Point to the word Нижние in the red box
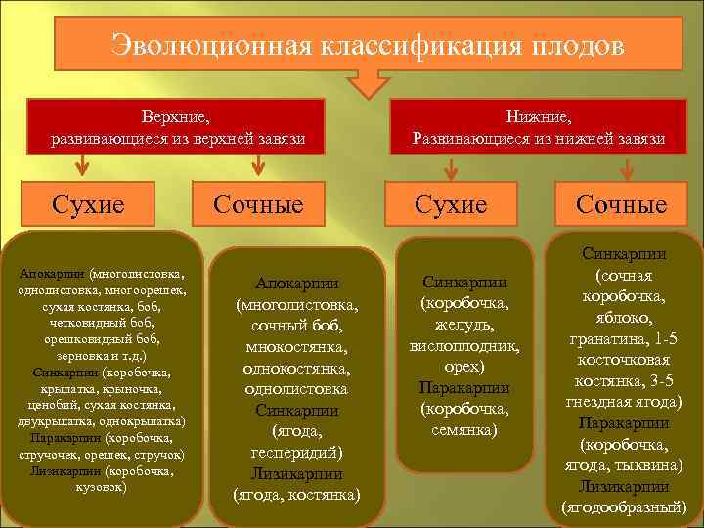(x=540, y=118)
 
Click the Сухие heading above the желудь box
(x=450, y=204)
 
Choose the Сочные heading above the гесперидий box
(x=258, y=204)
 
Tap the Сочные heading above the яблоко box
(x=621, y=204)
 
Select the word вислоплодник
(x=463, y=346)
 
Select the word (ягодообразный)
(x=623, y=506)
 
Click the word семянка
(x=463, y=430)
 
